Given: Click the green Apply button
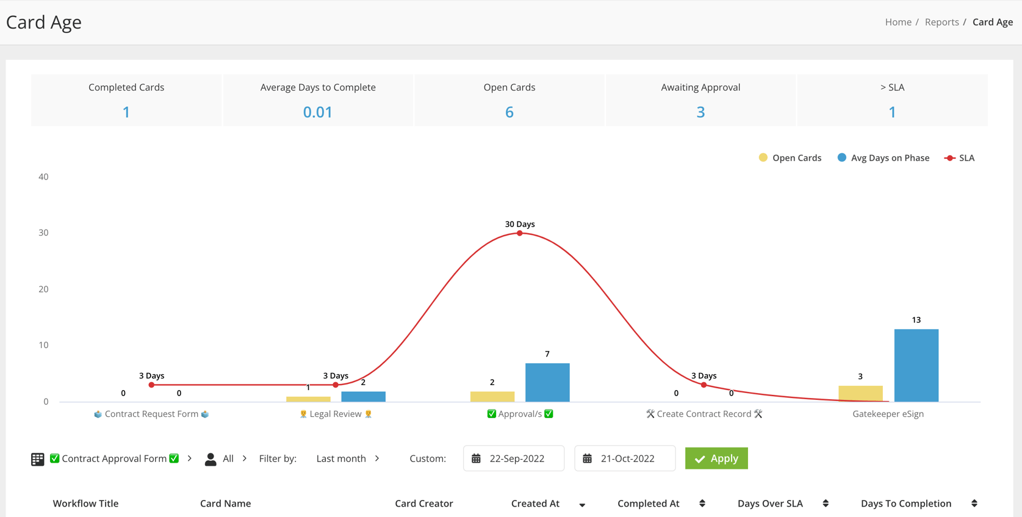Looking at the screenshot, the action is (x=716, y=458).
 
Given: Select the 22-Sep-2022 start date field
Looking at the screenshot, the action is (x=514, y=458).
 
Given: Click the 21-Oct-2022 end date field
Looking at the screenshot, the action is (x=625, y=458).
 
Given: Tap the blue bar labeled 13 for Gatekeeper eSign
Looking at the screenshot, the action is (x=916, y=365).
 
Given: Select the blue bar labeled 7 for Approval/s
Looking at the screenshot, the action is (x=547, y=382).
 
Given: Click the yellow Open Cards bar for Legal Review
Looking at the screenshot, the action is (x=308, y=399).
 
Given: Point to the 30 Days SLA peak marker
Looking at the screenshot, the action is (x=520, y=233).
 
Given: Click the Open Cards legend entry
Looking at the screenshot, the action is (x=790, y=158).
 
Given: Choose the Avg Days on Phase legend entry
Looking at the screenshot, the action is (x=883, y=158).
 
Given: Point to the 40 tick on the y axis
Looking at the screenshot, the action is (x=43, y=176).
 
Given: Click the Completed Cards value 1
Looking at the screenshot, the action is (x=126, y=112).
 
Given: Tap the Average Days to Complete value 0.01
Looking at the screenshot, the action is (x=317, y=112).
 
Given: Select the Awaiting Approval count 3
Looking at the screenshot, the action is (x=701, y=112).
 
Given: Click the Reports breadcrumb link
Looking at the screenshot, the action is (x=941, y=22).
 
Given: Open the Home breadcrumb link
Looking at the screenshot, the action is (x=898, y=22).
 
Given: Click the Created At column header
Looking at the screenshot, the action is (x=535, y=504).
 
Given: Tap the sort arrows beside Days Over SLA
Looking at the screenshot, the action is (x=826, y=504).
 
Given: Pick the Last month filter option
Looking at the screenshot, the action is (x=341, y=458).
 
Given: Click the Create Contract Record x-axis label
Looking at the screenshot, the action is (x=704, y=414).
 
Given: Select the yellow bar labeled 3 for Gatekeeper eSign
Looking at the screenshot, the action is (x=860, y=394).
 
